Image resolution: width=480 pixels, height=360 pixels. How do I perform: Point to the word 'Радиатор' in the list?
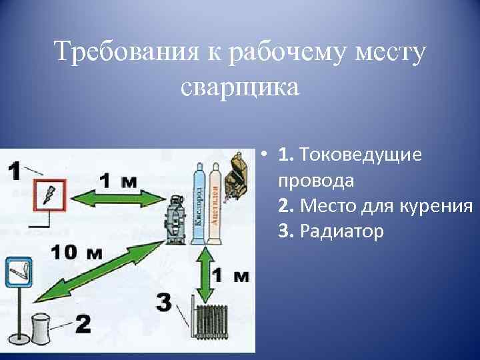pyautogui.click(x=341, y=231)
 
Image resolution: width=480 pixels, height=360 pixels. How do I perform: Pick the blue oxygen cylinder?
pyautogui.click(x=199, y=203)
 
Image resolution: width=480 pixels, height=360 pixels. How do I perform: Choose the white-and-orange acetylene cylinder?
pyautogui.click(x=215, y=204)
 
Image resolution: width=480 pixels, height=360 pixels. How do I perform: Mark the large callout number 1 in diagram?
pyautogui.click(x=14, y=170)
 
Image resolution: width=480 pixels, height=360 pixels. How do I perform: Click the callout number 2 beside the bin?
pyautogui.click(x=82, y=323)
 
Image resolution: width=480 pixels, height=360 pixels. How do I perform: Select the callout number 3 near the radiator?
pyautogui.click(x=164, y=301)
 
